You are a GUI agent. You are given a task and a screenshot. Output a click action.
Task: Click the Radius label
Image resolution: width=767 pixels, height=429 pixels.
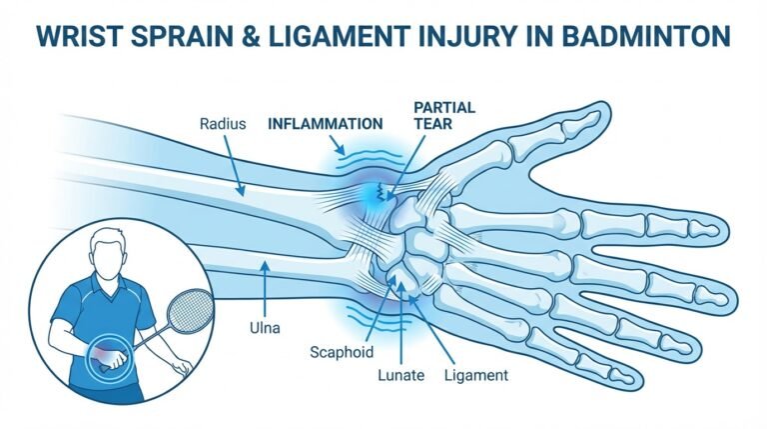tap(223, 123)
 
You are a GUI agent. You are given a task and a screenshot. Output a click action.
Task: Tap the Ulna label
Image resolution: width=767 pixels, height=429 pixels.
tap(265, 328)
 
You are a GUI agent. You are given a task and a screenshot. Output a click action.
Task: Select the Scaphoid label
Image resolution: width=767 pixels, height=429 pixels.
tap(342, 352)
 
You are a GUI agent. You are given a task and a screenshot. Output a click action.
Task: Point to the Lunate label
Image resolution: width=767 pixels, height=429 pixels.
tap(400, 375)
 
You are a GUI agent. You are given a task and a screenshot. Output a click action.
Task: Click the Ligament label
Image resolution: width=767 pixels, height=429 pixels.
tap(476, 376)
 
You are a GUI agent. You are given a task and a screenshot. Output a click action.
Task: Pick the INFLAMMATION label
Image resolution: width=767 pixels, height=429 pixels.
tap(326, 124)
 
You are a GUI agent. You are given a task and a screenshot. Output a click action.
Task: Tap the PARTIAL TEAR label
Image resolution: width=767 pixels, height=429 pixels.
tap(444, 115)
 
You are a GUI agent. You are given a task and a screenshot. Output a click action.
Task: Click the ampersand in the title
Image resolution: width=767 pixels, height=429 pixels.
tap(251, 36)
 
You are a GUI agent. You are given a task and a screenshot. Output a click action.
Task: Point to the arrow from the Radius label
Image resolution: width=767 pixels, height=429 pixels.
tap(234, 166)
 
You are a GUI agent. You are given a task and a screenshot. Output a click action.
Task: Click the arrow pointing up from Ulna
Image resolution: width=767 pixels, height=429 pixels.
tap(265, 288)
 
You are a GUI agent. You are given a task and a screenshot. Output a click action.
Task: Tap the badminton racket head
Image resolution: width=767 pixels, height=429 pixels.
tap(190, 311)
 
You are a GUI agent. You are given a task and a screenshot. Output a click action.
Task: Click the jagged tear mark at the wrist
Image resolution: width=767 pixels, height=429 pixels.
tap(381, 192)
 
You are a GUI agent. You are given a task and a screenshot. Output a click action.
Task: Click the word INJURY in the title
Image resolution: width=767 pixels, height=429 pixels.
tap(468, 36)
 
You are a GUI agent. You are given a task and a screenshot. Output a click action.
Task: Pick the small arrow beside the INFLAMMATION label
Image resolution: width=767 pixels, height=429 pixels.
tap(337, 145)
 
